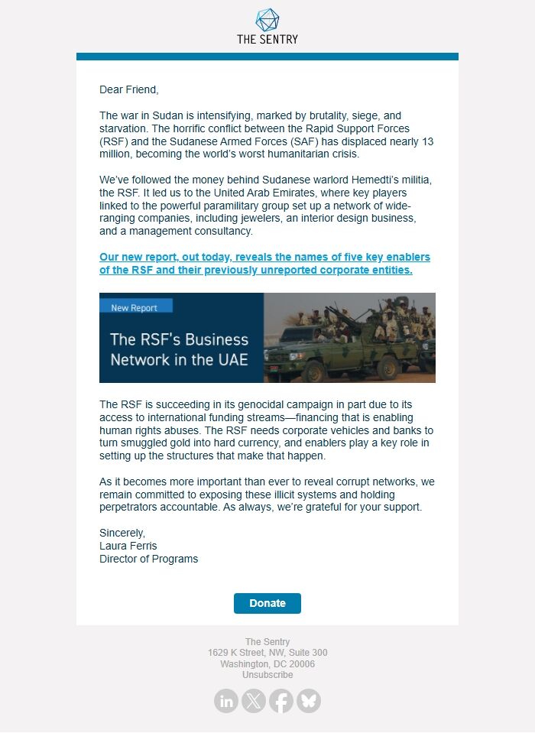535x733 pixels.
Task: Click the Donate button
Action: (267, 603)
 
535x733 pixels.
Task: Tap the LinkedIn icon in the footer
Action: (226, 701)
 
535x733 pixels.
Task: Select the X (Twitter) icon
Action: (254, 701)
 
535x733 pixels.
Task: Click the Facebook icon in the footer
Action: (281, 701)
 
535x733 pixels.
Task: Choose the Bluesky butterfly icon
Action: (309, 701)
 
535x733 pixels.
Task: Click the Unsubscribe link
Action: (267, 675)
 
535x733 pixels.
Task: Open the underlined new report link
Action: (264, 264)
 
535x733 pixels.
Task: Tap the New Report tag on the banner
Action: (135, 307)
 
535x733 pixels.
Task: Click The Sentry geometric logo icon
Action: (267, 20)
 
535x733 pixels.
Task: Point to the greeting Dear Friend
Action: (129, 89)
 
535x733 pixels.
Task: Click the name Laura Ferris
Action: (128, 546)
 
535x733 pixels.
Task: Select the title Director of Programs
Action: (148, 559)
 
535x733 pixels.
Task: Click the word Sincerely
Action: (122, 533)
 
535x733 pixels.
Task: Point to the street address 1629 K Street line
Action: (267, 653)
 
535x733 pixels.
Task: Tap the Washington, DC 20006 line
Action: (267, 664)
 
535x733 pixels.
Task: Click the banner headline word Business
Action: (212, 339)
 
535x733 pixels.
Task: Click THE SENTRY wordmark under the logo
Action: (267, 39)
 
